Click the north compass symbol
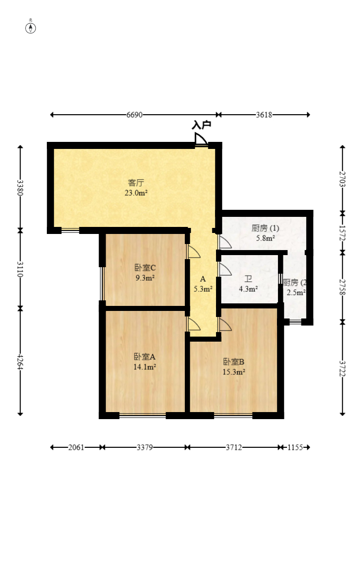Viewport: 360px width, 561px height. tap(31, 28)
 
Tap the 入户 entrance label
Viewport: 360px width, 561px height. tap(201, 125)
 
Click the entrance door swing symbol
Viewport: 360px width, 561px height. tap(200, 139)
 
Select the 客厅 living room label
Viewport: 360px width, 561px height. tap(136, 183)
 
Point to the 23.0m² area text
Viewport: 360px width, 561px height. tap(136, 193)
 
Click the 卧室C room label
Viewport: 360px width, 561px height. tap(145, 267)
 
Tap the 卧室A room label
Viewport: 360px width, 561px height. tap(145, 357)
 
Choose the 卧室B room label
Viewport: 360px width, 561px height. tap(234, 362)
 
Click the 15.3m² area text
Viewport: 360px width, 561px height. tap(234, 372)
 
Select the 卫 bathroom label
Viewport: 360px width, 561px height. tap(248, 279)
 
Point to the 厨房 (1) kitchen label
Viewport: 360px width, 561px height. tap(265, 228)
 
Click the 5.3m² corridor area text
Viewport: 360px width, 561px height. tap(203, 289)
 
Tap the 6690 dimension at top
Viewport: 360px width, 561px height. tap(134, 115)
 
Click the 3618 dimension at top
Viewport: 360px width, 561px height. tap(264, 115)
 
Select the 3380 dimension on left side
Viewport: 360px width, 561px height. tap(21, 188)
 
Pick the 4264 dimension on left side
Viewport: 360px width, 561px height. tap(21, 363)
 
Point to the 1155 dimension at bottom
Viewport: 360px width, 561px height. tap(295, 447)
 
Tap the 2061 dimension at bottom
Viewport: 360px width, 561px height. tap(77, 447)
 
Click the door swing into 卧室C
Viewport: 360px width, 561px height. tap(193, 251)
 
